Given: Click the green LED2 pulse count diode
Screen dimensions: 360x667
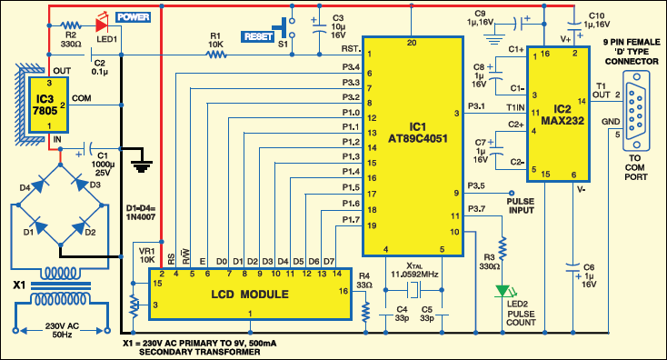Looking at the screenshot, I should [502, 292].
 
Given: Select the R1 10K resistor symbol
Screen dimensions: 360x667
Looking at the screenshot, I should [215, 55].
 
